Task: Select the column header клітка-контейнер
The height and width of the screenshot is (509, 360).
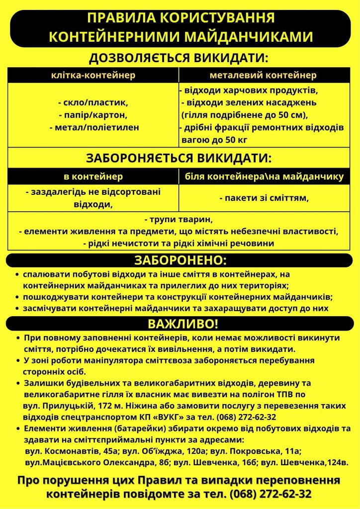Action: coord(93,75)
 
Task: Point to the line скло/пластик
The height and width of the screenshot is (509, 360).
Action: coord(93,103)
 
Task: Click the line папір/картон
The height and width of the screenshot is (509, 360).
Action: coord(93,115)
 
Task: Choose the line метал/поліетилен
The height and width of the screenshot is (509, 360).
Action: coord(93,127)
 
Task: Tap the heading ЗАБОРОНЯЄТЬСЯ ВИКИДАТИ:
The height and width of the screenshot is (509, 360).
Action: coord(179,158)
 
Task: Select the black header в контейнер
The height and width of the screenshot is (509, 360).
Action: coord(93,176)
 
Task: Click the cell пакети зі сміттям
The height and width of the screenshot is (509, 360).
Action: coord(264,198)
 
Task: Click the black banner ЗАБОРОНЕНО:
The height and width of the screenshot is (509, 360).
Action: coord(180,260)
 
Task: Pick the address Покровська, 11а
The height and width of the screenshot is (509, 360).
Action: coord(265,451)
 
